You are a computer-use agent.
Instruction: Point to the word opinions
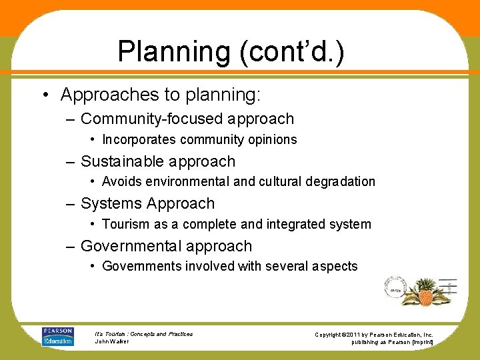pos(271,139)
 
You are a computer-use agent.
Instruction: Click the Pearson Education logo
pos(57,336)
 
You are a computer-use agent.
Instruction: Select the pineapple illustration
pos(425,291)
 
